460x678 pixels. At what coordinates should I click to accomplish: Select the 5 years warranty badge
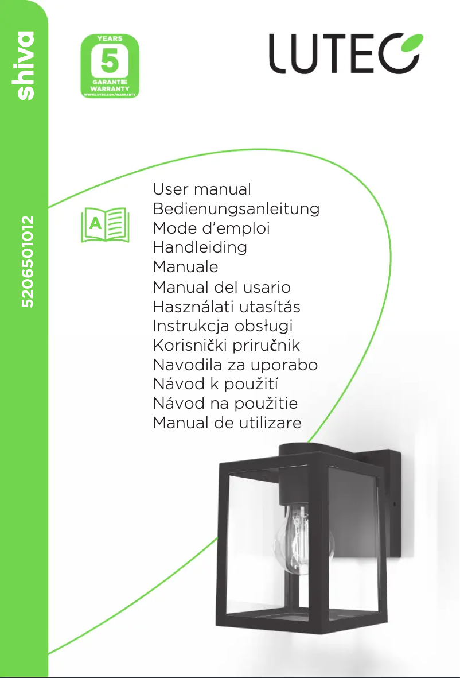click(x=110, y=65)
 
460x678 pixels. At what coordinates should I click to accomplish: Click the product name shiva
click(x=25, y=66)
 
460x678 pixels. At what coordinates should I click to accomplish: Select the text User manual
click(x=202, y=189)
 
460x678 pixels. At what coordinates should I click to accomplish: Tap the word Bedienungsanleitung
click(x=236, y=208)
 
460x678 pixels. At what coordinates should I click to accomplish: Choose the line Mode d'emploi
click(x=211, y=228)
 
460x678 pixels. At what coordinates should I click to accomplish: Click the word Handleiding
click(x=200, y=247)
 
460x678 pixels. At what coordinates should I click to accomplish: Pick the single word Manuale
click(x=185, y=267)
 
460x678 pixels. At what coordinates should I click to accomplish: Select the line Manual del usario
click(x=221, y=287)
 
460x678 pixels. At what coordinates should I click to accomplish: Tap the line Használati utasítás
click(x=227, y=307)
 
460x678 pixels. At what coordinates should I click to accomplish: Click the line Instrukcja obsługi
click(x=223, y=326)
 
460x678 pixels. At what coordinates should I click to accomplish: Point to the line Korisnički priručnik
click(x=226, y=346)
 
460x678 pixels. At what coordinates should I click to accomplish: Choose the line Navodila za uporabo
click(x=235, y=365)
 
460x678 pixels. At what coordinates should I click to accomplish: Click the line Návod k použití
click(x=216, y=385)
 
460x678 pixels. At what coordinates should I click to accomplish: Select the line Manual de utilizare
click(x=227, y=424)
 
